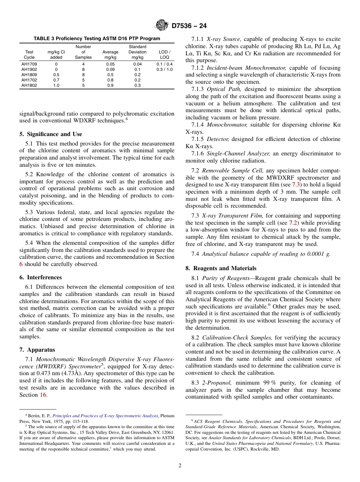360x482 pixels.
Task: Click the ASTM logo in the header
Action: coord(162,26)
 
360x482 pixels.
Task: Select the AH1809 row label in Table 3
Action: coord(29,75)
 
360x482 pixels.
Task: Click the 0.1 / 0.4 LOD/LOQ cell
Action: coord(164,64)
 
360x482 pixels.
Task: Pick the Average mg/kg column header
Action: coord(110,55)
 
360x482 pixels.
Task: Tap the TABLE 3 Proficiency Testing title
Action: coord(97,39)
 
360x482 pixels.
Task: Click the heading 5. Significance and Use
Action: coord(50,134)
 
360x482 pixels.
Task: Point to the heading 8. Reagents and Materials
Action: coord(221,268)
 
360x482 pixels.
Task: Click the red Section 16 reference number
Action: coord(44,395)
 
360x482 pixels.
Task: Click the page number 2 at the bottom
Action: coord(180,466)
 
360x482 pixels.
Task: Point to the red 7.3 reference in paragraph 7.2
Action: coord(296,185)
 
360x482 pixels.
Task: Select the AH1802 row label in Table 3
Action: coord(29,85)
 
